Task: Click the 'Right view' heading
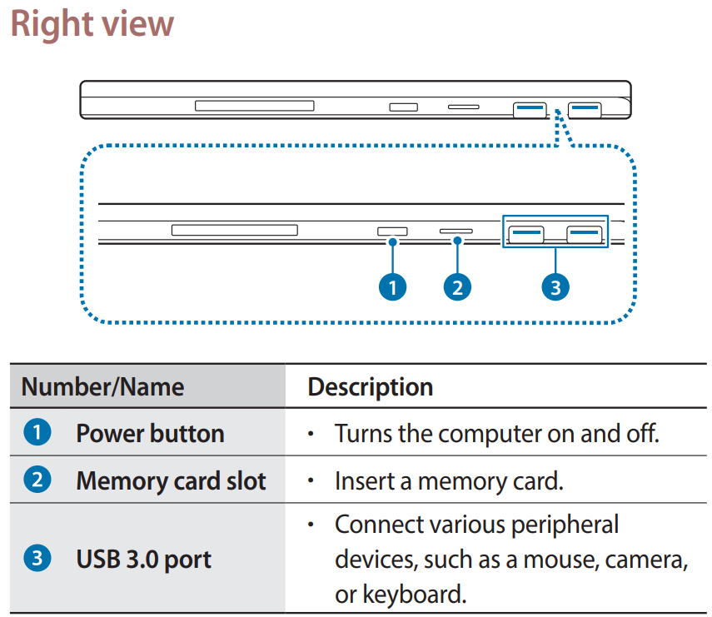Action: (x=92, y=24)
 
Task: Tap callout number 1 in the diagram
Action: (x=392, y=287)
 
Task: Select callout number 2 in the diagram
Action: (x=457, y=287)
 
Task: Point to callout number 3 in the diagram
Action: (x=555, y=287)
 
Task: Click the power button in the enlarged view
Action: (x=393, y=231)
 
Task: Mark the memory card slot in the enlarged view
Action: (x=456, y=231)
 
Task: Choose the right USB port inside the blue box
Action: (x=585, y=233)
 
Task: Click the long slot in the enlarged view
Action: (x=234, y=230)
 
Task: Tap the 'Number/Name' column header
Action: (x=102, y=386)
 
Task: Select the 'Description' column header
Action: (x=371, y=386)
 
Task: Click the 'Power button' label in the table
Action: (x=150, y=434)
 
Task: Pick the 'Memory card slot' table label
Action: (x=171, y=481)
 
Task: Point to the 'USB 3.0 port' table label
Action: (x=143, y=559)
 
